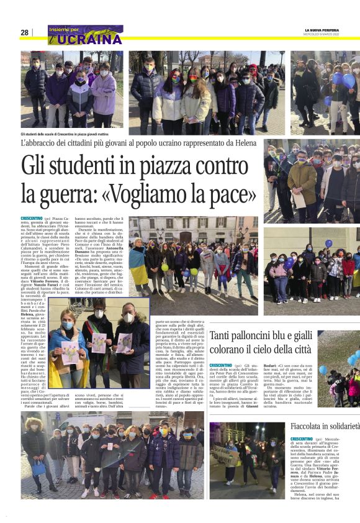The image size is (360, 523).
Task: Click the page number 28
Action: [x=24, y=32]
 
